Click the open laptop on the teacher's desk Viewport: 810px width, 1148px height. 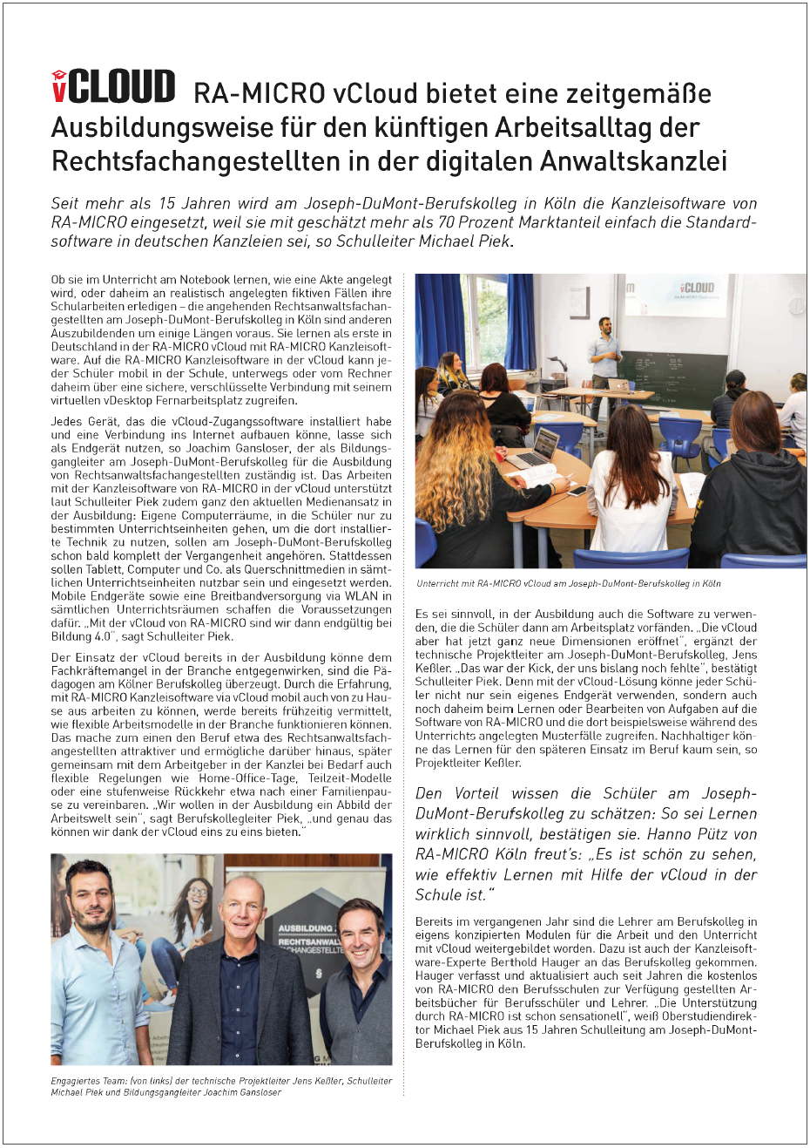pyautogui.click(x=619, y=384)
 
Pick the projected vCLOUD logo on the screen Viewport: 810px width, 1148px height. pyautogui.click(x=698, y=288)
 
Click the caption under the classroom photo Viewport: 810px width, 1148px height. pyautogui.click(x=568, y=584)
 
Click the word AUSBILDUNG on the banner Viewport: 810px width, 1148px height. pyautogui.click(x=306, y=928)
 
